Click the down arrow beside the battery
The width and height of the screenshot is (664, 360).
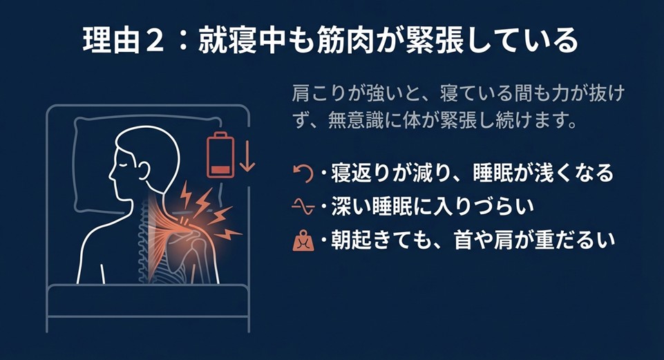247,157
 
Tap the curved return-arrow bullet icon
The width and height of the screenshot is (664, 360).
302,173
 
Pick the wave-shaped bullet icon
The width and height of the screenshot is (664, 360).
302,206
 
